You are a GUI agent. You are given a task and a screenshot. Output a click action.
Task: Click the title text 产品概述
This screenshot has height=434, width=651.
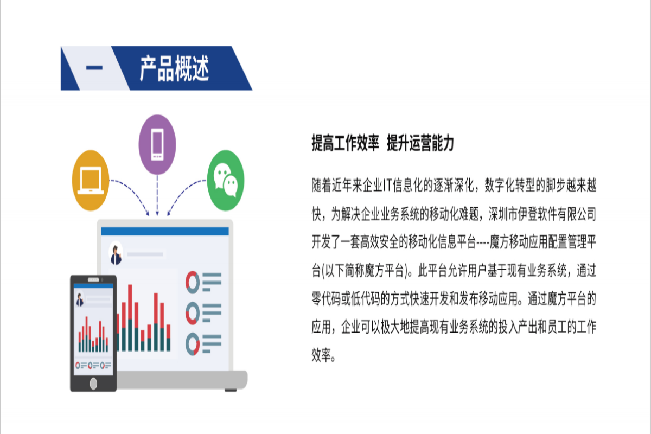point(174,68)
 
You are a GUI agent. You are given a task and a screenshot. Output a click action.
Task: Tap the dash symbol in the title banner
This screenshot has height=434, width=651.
point(94,68)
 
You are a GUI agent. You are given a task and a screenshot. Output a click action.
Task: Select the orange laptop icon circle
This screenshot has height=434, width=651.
point(91,180)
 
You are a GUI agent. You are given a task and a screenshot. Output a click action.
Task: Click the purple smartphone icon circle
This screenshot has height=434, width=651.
point(157,144)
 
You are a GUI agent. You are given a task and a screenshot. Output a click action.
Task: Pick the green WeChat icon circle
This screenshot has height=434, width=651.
point(226,180)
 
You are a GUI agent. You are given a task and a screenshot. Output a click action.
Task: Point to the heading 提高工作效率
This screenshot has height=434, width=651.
point(345,143)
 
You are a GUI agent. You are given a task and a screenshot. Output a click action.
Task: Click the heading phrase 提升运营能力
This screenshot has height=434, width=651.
point(420,143)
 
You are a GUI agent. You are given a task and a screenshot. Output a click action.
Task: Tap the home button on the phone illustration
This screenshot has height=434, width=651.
point(93,384)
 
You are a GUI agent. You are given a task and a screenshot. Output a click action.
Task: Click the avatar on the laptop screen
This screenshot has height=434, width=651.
point(116,253)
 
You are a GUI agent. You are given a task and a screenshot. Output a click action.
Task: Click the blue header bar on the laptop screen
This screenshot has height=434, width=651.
point(165,232)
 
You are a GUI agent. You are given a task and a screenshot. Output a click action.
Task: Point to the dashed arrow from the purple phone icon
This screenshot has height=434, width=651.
point(157,195)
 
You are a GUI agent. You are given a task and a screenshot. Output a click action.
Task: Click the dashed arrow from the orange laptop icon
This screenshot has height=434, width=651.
point(135,193)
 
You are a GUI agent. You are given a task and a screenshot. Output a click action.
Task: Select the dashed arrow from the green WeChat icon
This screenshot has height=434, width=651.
point(182,193)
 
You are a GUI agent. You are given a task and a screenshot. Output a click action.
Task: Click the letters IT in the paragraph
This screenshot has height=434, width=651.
point(387,186)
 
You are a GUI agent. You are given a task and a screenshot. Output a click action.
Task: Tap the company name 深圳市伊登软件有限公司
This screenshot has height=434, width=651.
point(542,214)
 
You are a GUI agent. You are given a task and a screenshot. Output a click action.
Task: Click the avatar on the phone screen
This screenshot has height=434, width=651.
point(80,299)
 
